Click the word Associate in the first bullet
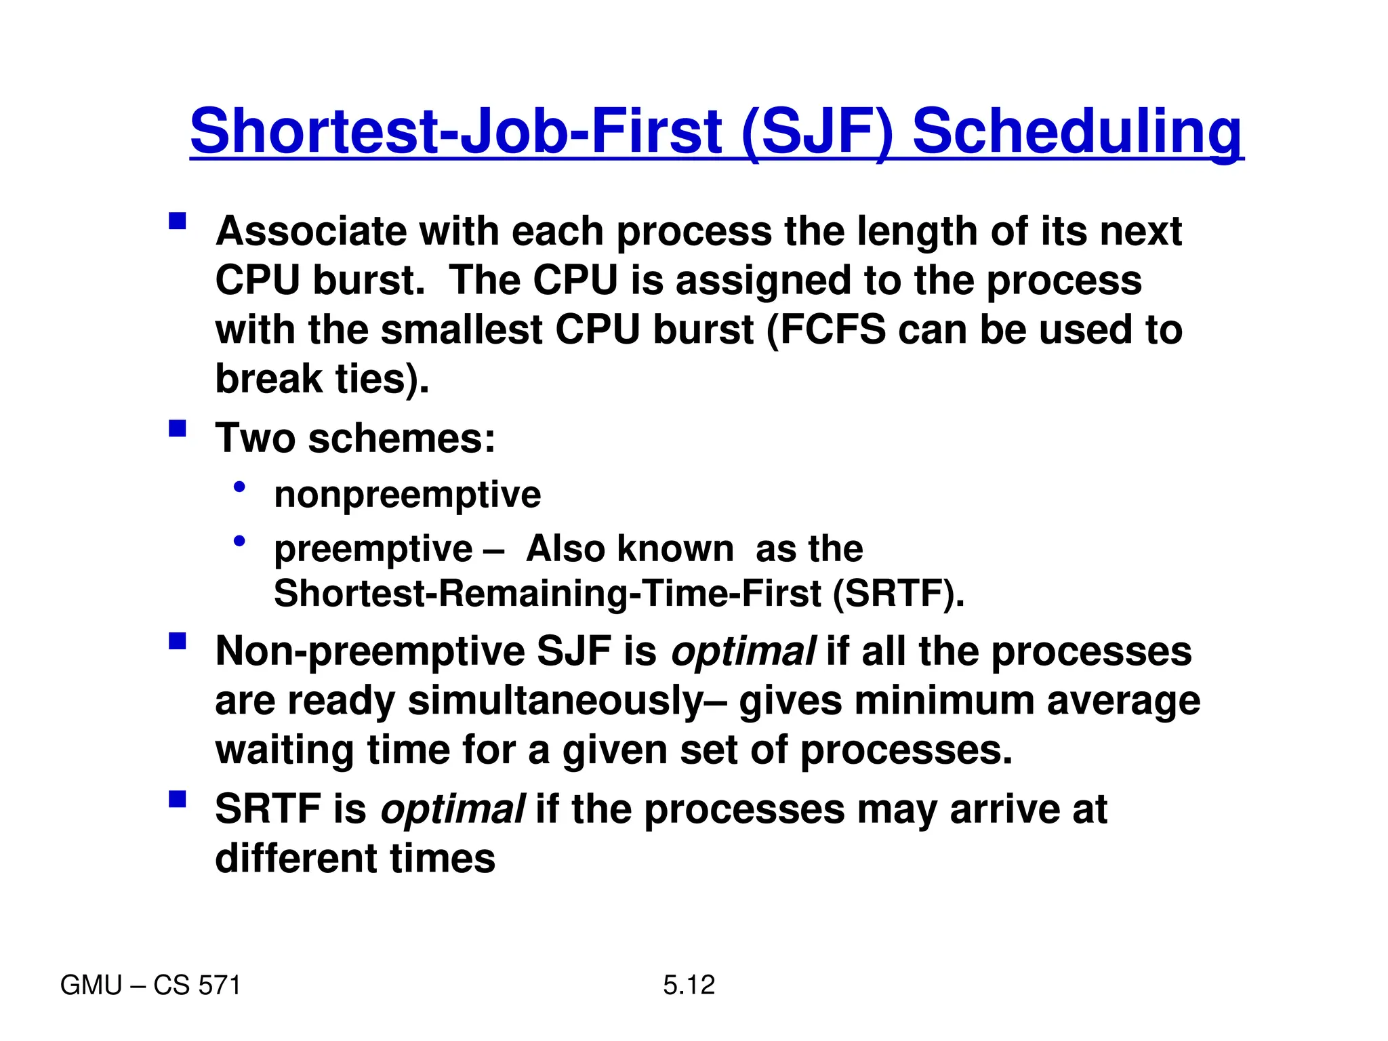pyautogui.click(x=311, y=232)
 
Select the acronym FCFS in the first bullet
pyautogui.click(x=833, y=330)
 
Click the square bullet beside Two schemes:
pyautogui.click(x=178, y=429)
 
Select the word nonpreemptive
pyautogui.click(x=407, y=494)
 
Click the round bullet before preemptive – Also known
pyautogui.click(x=239, y=541)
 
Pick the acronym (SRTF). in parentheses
pyautogui.click(x=898, y=594)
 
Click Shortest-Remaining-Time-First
pyautogui.click(x=547, y=594)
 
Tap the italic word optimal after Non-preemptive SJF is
pyautogui.click(x=743, y=652)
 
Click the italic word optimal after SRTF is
pyautogui.click(x=452, y=809)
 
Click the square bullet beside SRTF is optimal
pyautogui.click(x=178, y=800)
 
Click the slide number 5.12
pyautogui.click(x=689, y=985)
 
